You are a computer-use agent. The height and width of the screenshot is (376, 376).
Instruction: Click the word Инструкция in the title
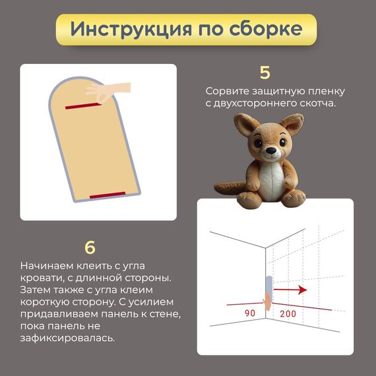pyautogui.click(x=131, y=29)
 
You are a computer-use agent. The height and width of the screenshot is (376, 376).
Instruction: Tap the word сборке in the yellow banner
pyautogui.click(x=266, y=29)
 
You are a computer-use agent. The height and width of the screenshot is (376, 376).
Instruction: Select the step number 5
pyautogui.click(x=265, y=73)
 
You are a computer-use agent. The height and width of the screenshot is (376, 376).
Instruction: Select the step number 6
pyautogui.click(x=90, y=247)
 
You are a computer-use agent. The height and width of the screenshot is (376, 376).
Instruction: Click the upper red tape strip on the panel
pyautogui.click(x=84, y=106)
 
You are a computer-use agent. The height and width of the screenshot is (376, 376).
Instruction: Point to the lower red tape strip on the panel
pyautogui.click(x=108, y=195)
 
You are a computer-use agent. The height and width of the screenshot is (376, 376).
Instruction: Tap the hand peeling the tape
pyautogui.click(x=108, y=92)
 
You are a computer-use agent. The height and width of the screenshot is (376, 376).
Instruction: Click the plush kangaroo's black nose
pyautogui.click(x=271, y=150)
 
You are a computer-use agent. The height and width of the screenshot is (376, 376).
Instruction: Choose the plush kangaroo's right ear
pyautogui.click(x=292, y=125)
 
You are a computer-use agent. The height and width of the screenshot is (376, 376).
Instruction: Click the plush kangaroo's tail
pyautogui.click(x=230, y=188)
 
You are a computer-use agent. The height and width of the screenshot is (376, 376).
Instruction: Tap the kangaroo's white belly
pyautogui.click(x=272, y=180)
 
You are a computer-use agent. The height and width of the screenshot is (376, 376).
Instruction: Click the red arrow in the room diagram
pyautogui.click(x=290, y=290)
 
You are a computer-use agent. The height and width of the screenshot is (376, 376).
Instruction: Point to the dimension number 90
pyautogui.click(x=250, y=313)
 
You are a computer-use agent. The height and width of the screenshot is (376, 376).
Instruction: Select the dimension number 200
pyautogui.click(x=288, y=313)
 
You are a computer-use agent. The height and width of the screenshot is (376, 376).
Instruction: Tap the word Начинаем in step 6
pyautogui.click(x=47, y=266)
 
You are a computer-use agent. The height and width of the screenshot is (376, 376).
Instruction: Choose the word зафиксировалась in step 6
pyautogui.click(x=68, y=338)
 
